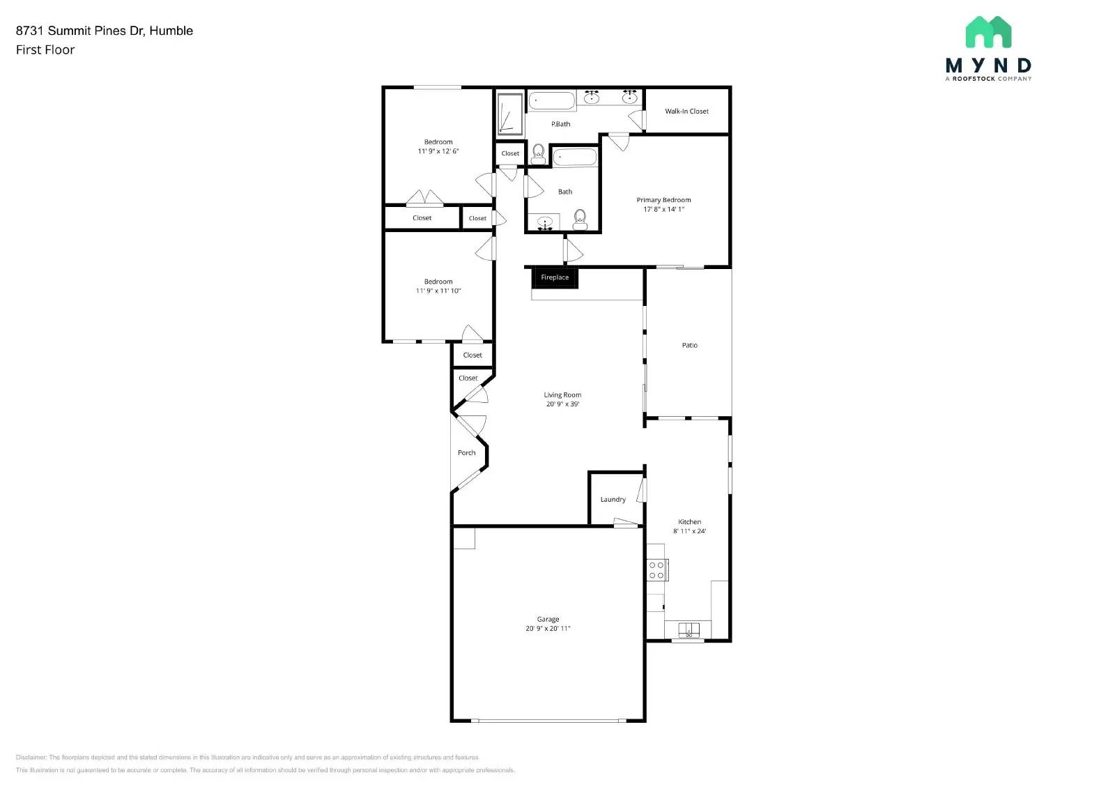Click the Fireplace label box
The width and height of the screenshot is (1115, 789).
tap(555, 277)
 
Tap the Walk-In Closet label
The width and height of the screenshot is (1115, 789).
tap(686, 112)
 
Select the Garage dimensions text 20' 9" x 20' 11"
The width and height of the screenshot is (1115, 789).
tap(548, 629)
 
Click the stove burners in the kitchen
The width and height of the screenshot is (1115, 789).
tap(656, 570)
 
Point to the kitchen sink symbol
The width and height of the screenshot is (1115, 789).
tap(689, 631)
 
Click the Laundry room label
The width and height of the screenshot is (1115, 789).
tap(613, 500)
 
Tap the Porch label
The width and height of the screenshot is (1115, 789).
tap(466, 453)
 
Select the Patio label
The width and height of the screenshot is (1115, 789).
tap(689, 346)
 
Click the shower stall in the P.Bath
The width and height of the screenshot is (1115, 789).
tap(509, 115)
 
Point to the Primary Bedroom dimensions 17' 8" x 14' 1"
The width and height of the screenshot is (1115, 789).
tap(663, 209)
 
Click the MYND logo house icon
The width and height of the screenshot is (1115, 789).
tap(988, 32)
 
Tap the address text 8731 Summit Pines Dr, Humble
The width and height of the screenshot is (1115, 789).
tap(105, 31)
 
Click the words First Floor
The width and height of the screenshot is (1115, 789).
tap(45, 50)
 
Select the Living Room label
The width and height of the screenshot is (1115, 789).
tap(562, 395)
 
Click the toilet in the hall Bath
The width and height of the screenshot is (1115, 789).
tap(580, 220)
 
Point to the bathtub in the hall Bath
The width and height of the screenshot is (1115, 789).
tap(575, 157)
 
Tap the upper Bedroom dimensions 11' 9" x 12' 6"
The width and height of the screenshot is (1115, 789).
tap(438, 151)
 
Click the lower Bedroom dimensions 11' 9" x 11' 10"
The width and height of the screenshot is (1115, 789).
tap(438, 291)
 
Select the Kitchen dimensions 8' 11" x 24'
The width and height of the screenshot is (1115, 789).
tap(689, 531)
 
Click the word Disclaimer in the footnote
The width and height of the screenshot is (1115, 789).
tap(31, 757)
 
